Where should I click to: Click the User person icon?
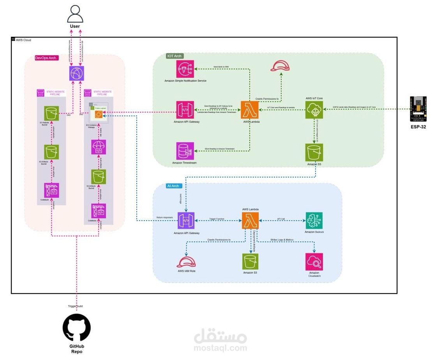pos(75,14)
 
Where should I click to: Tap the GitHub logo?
pos(77,328)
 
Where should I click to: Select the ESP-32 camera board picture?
pos(418,109)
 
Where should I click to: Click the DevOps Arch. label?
pos(46,58)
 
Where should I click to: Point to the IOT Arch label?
pos(174,56)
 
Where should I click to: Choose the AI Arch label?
pos(173,186)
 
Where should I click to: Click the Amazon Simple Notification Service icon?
pos(185,69)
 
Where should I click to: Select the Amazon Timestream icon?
pos(185,151)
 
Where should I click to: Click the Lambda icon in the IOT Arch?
pos(249,110)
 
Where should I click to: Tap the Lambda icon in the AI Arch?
pos(250,220)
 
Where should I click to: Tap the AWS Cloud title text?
pos(23,40)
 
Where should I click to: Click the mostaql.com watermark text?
pos(220,348)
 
